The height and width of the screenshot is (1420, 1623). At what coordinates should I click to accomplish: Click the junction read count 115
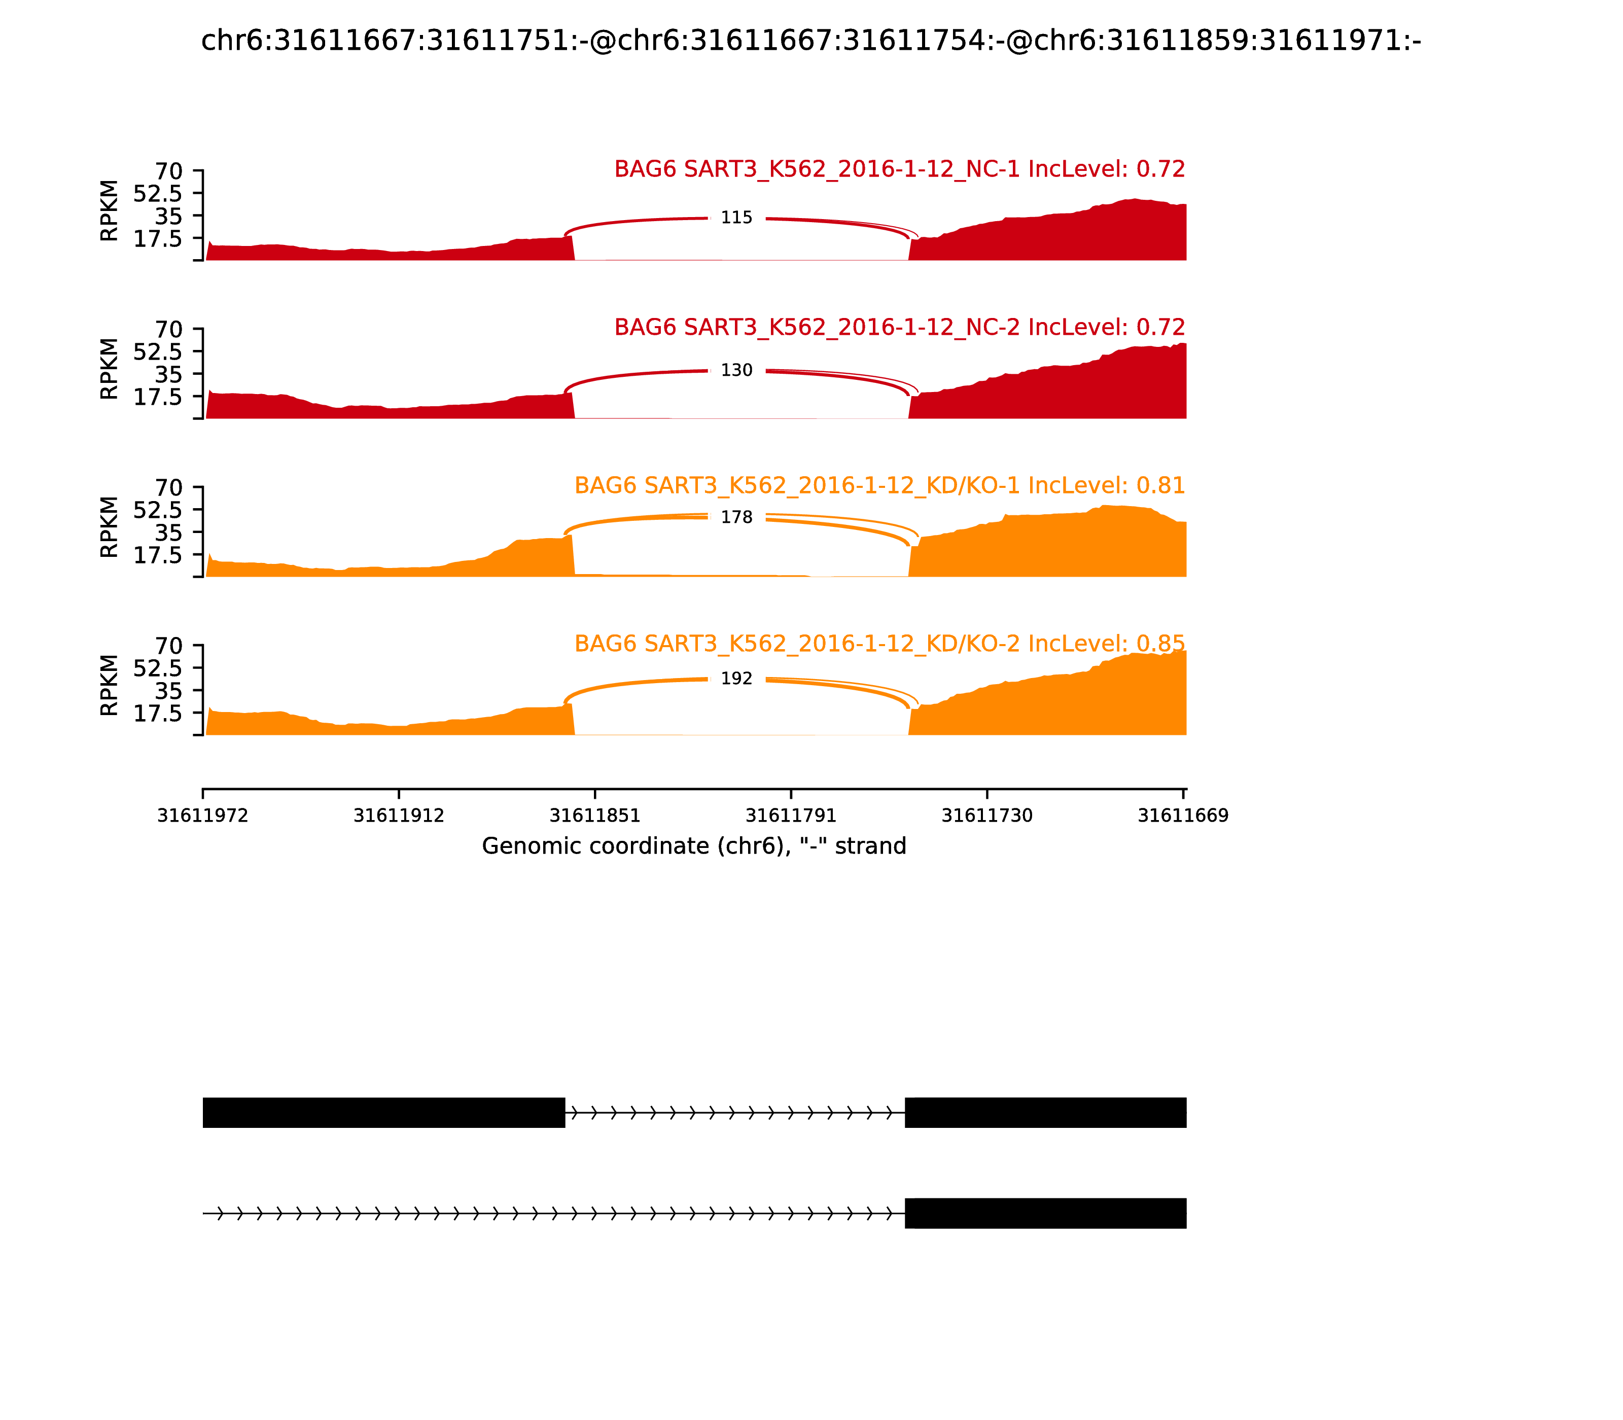pos(736,218)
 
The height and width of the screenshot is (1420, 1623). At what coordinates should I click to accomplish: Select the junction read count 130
pos(736,370)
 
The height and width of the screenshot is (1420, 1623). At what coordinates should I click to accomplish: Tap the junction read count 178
pos(736,517)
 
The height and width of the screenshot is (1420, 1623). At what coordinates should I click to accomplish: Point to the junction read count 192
pos(736,679)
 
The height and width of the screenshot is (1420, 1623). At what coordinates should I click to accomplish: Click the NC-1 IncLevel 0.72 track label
pos(899,169)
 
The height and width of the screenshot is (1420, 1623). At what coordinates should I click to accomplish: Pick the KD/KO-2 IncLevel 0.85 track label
pos(879,644)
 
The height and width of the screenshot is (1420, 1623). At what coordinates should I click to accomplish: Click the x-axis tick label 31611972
pos(203,815)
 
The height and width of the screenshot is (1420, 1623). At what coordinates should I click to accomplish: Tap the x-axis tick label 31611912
pos(399,815)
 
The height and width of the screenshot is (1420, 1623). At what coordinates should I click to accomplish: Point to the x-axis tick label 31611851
pos(595,815)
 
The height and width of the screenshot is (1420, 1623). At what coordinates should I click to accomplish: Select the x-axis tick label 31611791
pos(791,815)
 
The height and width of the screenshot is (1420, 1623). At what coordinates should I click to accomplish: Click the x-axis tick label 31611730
pos(986,815)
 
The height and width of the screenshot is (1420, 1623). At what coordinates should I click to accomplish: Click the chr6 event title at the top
pos(810,41)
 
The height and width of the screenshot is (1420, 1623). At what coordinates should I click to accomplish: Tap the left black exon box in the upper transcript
pos(383,1113)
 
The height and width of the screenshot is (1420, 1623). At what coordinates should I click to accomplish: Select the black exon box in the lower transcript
pos(1045,1213)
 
